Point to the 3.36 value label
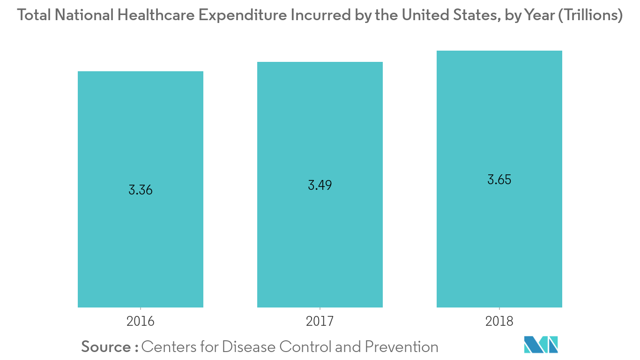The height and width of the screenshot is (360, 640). coord(141,190)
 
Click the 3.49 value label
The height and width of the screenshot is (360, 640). coord(320,185)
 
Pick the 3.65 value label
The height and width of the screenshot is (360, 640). coord(499,180)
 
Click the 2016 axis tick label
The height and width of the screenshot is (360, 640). coord(141,322)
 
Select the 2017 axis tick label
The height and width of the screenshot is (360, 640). coord(320,322)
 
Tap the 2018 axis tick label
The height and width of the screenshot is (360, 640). coord(499,322)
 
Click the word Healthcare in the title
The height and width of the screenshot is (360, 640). coord(156,16)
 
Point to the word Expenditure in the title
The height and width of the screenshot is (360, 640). coord(243,16)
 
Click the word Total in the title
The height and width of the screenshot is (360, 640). coord(34,16)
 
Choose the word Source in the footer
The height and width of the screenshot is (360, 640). coord(106,347)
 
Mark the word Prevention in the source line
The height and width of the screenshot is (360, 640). coord(402,347)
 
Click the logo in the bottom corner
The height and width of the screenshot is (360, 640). coord(541,345)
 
